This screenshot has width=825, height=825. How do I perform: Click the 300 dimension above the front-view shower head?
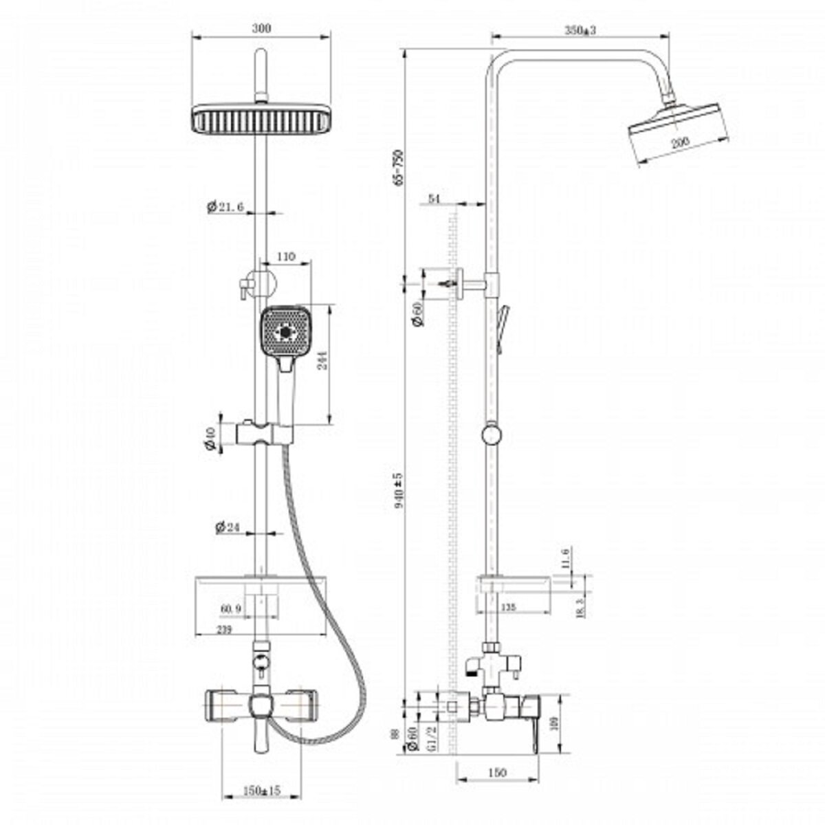(x=262, y=28)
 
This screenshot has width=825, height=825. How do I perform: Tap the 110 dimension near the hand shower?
(x=286, y=256)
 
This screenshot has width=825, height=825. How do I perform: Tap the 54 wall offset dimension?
(x=434, y=199)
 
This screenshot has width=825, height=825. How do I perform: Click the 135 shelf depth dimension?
(x=507, y=607)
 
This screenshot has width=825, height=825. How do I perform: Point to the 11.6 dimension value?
(x=565, y=557)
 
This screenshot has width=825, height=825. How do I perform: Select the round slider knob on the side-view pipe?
(x=492, y=434)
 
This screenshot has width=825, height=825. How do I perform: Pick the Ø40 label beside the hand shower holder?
(x=211, y=437)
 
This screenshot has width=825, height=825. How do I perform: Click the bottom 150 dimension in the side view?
(x=496, y=773)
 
